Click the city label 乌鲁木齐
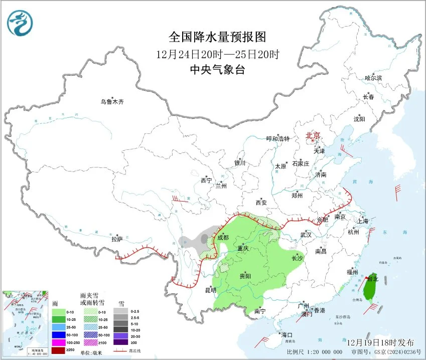tap(111, 102)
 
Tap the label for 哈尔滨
tap(373, 78)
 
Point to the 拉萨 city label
tap(117, 240)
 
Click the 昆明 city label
tap(210, 290)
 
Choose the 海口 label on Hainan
tap(287, 334)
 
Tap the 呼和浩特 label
tap(278, 139)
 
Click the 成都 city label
tap(224, 238)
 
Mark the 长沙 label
tap(298, 259)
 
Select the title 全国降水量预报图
tap(217, 37)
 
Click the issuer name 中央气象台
tap(217, 70)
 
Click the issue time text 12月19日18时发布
tap(381, 342)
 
